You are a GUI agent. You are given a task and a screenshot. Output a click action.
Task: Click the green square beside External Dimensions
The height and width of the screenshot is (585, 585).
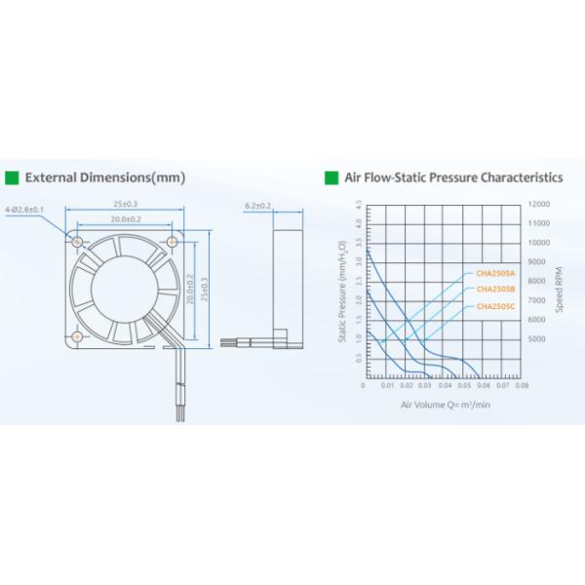(x=13, y=178)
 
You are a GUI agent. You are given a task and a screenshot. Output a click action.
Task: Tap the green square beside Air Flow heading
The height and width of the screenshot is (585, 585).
(x=331, y=178)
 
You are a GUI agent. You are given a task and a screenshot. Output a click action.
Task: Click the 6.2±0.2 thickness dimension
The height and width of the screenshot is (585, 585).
(x=258, y=206)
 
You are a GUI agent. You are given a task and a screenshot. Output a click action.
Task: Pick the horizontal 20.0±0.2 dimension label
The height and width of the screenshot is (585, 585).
(x=126, y=219)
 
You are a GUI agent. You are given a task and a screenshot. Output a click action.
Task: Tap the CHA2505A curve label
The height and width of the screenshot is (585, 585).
(x=495, y=273)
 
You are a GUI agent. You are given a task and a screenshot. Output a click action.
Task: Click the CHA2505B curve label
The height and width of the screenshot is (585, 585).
(x=495, y=290)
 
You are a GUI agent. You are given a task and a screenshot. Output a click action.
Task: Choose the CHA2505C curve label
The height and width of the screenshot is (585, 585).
(x=495, y=307)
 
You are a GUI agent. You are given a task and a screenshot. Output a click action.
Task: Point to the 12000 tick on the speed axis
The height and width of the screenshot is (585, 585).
(x=538, y=205)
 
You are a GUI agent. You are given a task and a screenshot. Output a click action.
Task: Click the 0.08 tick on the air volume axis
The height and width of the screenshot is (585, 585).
(x=523, y=385)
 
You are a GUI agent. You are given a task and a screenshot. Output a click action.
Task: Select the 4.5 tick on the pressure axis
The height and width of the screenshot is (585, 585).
(x=358, y=205)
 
